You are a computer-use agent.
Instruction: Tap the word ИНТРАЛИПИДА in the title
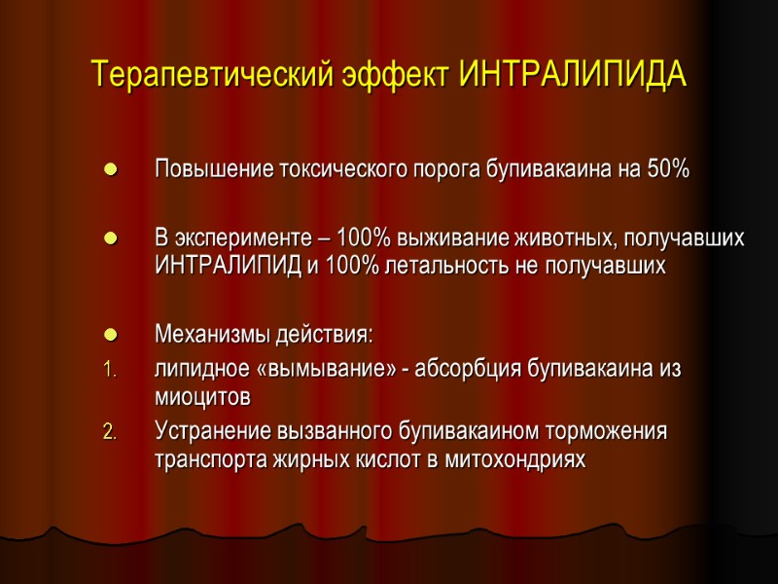(573, 74)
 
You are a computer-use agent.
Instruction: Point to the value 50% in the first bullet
(668, 169)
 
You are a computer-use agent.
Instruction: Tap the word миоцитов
(202, 397)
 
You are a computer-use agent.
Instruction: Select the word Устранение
(204, 430)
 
